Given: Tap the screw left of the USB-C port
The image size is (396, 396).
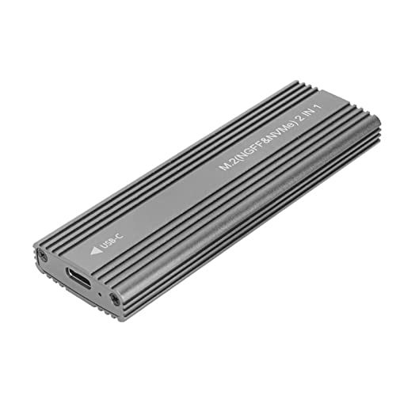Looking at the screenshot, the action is (x=43, y=256).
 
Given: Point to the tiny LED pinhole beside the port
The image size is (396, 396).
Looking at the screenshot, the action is (x=100, y=294).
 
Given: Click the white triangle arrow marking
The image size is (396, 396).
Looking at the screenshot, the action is (x=97, y=250).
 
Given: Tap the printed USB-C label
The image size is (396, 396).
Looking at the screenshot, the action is (x=112, y=240).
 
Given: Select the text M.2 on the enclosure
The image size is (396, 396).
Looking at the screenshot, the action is (x=227, y=163).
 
